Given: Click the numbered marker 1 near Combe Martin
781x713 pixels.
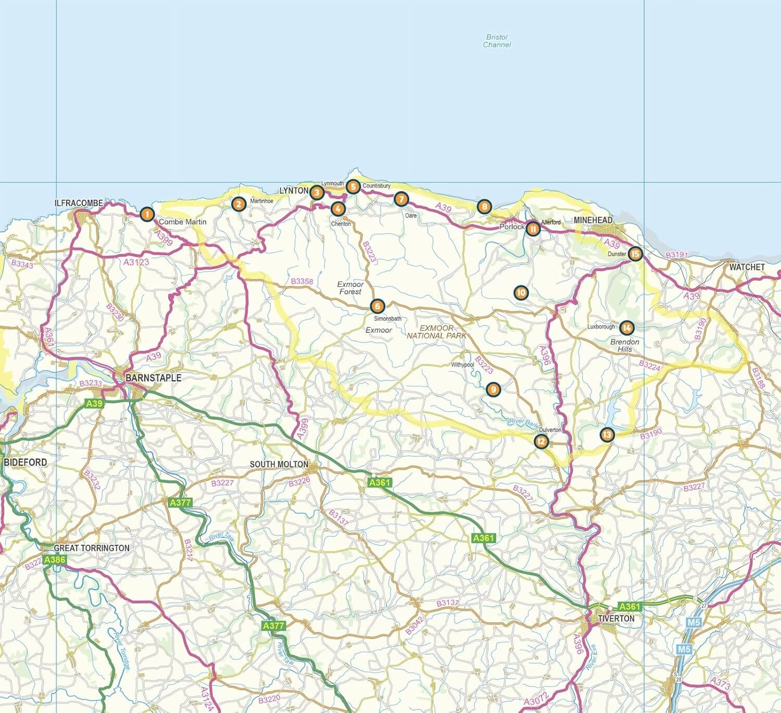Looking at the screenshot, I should pyautogui.click(x=147, y=214).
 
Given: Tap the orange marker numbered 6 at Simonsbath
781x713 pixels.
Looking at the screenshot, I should pyautogui.click(x=378, y=306).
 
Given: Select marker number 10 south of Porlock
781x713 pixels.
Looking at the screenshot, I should pyautogui.click(x=521, y=293).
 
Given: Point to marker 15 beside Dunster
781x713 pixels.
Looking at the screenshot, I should pyautogui.click(x=635, y=254).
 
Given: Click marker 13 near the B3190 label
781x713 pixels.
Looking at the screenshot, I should pyautogui.click(x=607, y=434).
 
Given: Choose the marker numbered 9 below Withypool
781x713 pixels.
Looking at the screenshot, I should pyautogui.click(x=493, y=389).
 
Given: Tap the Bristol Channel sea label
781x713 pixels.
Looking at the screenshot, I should pyautogui.click(x=497, y=41).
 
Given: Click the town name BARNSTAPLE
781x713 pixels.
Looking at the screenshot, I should pyautogui.click(x=154, y=378).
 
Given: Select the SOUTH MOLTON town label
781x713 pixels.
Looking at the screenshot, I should pyautogui.click(x=279, y=464).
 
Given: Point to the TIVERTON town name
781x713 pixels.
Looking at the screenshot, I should pyautogui.click(x=616, y=618).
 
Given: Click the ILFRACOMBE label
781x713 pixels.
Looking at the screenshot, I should pyautogui.click(x=79, y=203).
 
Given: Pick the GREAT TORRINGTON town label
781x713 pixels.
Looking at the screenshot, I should pyautogui.click(x=92, y=548).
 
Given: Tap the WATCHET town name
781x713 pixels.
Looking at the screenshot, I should pyautogui.click(x=747, y=267).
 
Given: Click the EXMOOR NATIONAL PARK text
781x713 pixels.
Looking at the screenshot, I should pyautogui.click(x=437, y=332).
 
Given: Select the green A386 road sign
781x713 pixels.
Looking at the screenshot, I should pyautogui.click(x=55, y=560).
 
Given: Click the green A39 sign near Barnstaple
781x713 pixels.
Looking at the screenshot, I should pyautogui.click(x=94, y=404).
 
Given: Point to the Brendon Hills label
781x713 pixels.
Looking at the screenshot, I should pyautogui.click(x=625, y=345).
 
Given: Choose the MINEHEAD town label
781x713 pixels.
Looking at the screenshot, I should pyautogui.click(x=593, y=220).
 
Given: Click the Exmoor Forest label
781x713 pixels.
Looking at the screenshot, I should pyautogui.click(x=350, y=287).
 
